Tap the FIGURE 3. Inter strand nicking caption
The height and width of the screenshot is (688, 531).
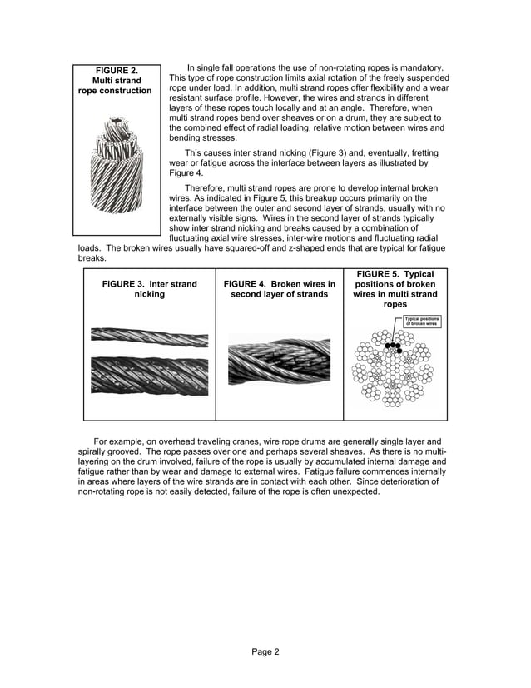pyautogui.click(x=149, y=289)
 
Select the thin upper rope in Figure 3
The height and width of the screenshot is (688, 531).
pyautogui.click(x=149, y=336)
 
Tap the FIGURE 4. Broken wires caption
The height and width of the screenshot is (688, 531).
pyautogui.click(x=279, y=289)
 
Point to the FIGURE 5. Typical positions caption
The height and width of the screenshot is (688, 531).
pyautogui.click(x=395, y=289)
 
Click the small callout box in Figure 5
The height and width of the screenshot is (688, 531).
pyautogui.click(x=421, y=321)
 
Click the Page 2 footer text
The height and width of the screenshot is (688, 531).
pyautogui.click(x=265, y=651)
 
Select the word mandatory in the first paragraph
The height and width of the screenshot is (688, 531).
pyautogui.click(x=423, y=67)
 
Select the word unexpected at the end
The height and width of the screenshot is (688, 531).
pyautogui.click(x=356, y=491)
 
